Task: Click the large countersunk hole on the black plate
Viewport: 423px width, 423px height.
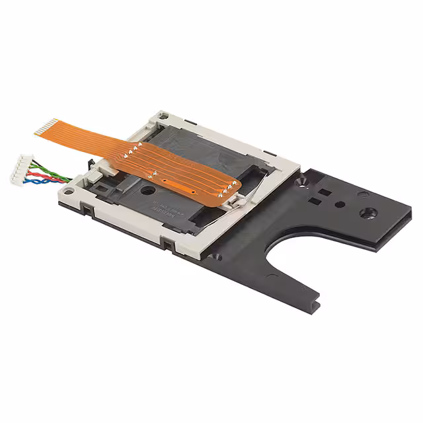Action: pyautogui.click(x=368, y=213)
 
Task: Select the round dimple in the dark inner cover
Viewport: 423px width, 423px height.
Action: pyautogui.click(x=144, y=190)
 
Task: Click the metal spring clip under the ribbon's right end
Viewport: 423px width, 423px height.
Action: pyautogui.click(x=233, y=202)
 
